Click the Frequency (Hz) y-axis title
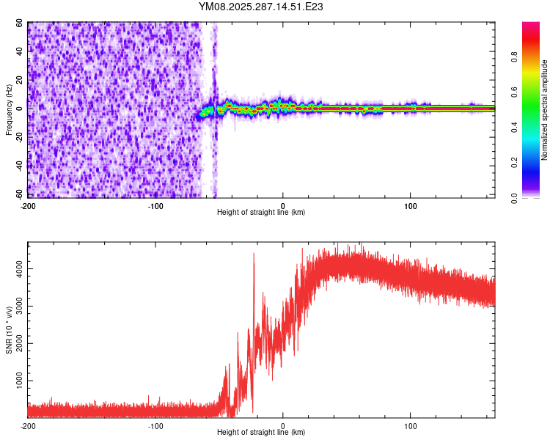[10, 111]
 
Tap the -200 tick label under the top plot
[28, 205]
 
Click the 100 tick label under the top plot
[411, 205]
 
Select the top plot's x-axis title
[261, 213]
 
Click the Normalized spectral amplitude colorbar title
[545, 111]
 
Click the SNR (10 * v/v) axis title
[10, 329]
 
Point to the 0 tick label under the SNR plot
[283, 425]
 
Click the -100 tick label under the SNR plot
[155, 425]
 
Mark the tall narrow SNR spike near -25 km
[254, 257]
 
